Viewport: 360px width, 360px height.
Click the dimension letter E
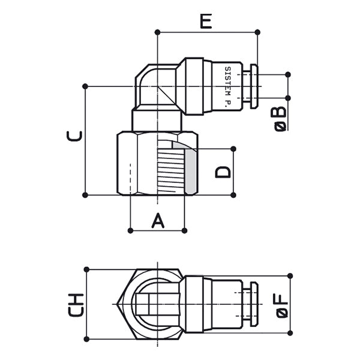point(206,22)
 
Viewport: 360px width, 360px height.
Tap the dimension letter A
point(157,220)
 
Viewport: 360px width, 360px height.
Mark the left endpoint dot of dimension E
point(157,32)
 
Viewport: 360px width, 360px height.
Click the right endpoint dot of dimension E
point(257,32)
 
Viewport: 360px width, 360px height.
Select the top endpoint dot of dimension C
point(86,86)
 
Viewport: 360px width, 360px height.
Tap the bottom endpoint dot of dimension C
point(86,194)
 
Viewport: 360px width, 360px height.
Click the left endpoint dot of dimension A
point(130,229)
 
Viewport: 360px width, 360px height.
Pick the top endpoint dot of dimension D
point(233,148)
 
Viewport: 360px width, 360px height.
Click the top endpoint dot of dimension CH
point(86,269)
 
